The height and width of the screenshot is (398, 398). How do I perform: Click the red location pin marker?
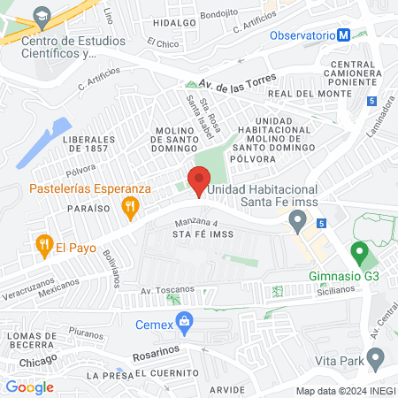pos(199,180)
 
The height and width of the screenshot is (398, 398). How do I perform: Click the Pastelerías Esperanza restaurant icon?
pos(131,209)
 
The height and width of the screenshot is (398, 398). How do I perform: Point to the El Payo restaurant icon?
pos(42,244)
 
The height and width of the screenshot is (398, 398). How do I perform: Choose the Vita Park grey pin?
pos(376,358)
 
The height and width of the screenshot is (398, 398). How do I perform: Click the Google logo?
pos(29,387)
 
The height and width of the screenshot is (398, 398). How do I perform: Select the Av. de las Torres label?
pos(238,80)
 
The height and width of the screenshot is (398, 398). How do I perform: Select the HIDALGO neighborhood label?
pos(173,24)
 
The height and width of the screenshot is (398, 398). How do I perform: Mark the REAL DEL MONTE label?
pos(304,93)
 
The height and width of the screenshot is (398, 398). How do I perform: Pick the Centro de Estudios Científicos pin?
pos(39,16)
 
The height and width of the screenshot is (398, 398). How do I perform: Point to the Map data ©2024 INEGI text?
pos(345,391)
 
